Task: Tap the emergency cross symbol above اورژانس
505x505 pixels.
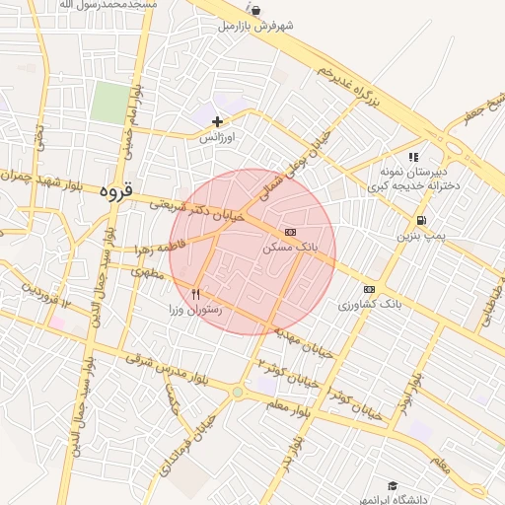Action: tap(217, 122)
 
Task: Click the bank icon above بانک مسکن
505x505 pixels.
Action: tap(290, 231)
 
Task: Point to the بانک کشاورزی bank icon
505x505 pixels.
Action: tap(370, 289)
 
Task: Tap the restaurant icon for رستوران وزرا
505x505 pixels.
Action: tap(196, 294)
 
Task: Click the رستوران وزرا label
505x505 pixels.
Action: tap(197, 310)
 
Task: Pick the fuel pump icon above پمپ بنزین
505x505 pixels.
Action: tap(422, 221)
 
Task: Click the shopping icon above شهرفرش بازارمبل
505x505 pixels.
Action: tap(256, 11)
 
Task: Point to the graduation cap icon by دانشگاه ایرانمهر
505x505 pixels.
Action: tap(393, 486)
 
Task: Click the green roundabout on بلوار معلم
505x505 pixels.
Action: tap(238, 393)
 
